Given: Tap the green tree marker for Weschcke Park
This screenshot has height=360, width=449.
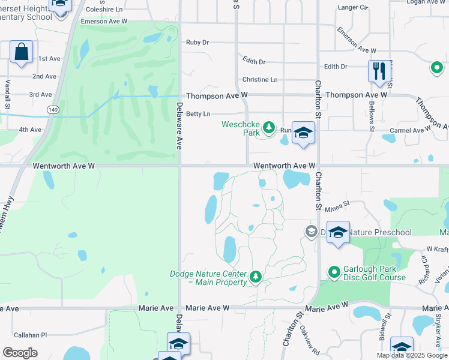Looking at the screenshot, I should click(x=269, y=128).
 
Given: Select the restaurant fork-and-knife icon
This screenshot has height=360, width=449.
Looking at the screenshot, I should click(x=379, y=71).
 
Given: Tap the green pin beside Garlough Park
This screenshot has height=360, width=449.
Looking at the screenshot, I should click(x=334, y=272).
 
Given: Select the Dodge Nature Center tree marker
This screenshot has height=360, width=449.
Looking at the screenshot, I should click(x=256, y=277).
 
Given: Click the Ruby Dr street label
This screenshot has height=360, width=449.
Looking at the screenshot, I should click(x=197, y=43).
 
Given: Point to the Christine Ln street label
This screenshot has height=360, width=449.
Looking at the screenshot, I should click(x=260, y=80).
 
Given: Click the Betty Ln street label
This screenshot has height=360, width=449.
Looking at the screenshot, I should click(x=198, y=114).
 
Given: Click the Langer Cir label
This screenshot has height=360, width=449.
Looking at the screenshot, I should click(x=352, y=8).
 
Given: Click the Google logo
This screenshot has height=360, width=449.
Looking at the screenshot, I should click(x=20, y=353).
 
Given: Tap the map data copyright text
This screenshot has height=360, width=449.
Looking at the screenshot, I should click(x=411, y=355).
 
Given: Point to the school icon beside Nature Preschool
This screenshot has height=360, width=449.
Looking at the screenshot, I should click(x=338, y=232).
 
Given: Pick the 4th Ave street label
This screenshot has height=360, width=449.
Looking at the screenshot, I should click(x=30, y=130).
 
